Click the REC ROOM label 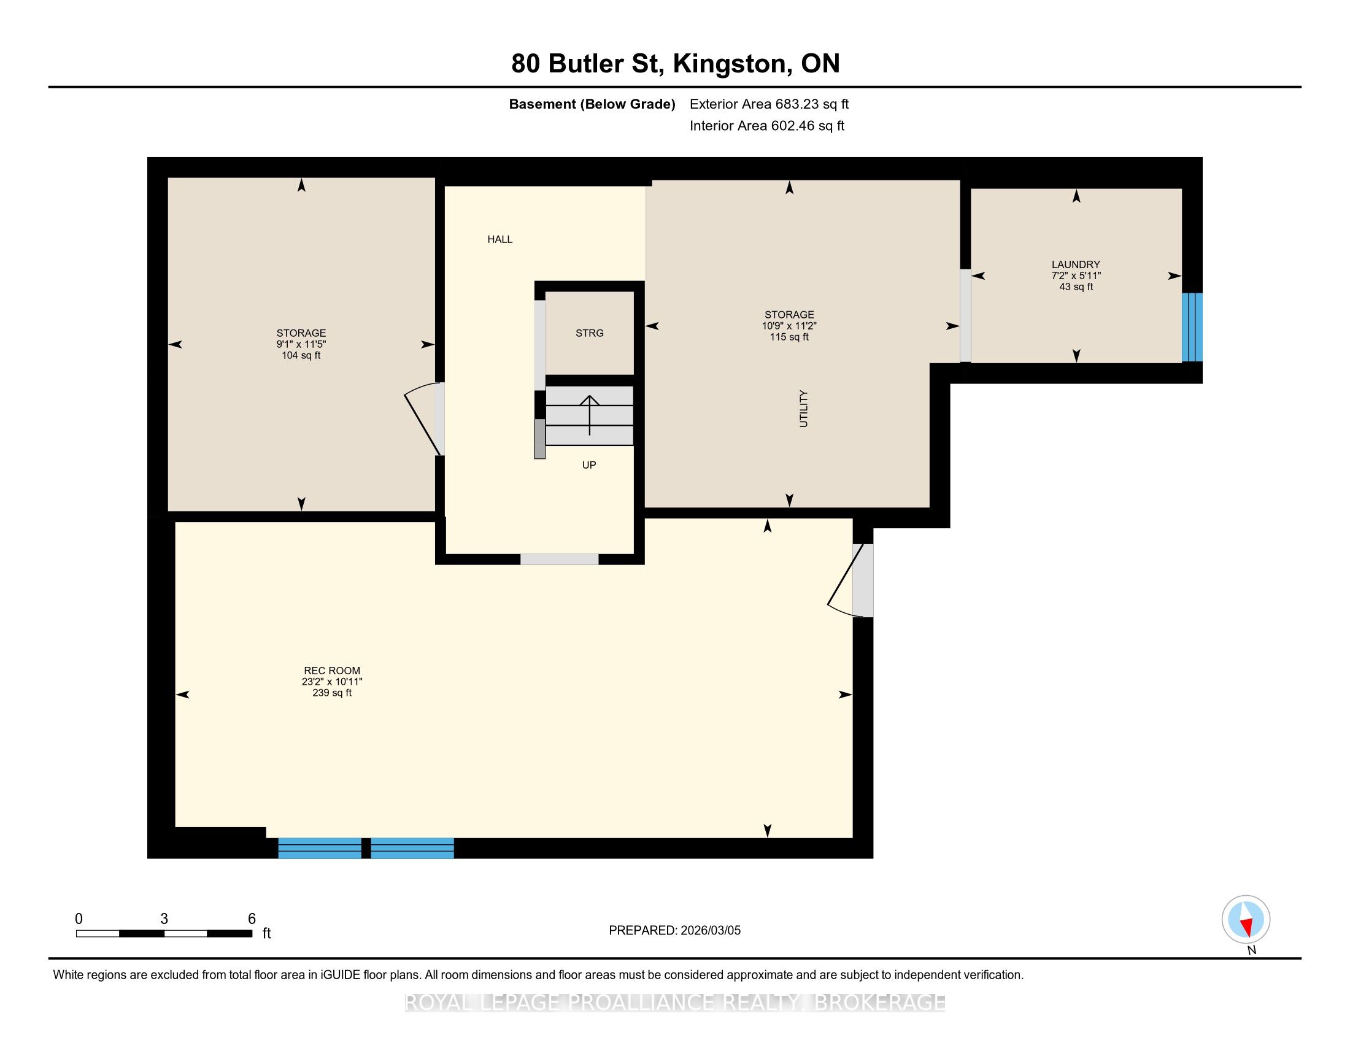tap(332, 671)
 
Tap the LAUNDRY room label tap(1076, 264)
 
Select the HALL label tap(500, 239)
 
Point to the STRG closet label tap(590, 333)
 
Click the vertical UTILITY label tap(804, 409)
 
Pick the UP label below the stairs tap(589, 464)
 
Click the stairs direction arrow tap(590, 415)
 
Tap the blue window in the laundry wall tap(1192, 327)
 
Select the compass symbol tap(1246, 919)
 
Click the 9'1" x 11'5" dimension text tap(301, 344)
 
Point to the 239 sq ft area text tap(332, 693)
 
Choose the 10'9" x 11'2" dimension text tap(789, 326)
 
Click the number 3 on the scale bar tap(164, 919)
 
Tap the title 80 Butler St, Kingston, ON tap(676, 64)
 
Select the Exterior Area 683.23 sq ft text tap(769, 104)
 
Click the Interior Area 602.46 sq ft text tap(767, 125)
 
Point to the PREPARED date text tap(675, 930)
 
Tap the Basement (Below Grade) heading tap(592, 104)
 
